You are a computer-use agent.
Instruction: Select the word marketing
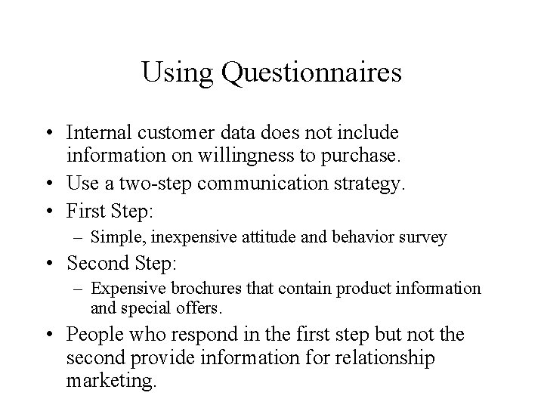point(111,380)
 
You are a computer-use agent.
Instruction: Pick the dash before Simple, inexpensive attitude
point(79,237)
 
